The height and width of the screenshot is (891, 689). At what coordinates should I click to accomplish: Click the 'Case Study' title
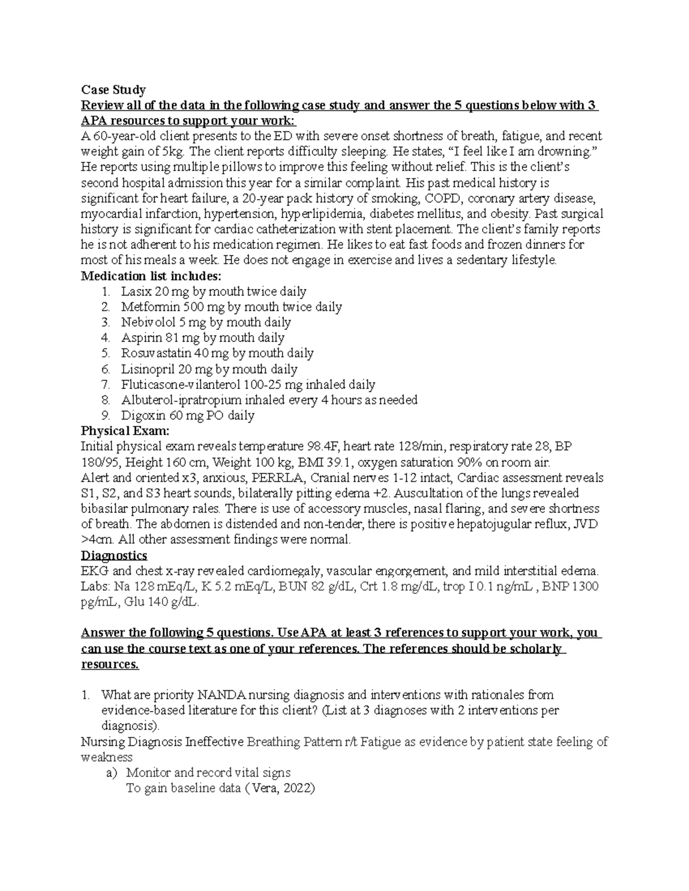(x=113, y=90)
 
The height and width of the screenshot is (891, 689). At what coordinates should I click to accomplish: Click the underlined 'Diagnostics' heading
(x=114, y=555)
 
